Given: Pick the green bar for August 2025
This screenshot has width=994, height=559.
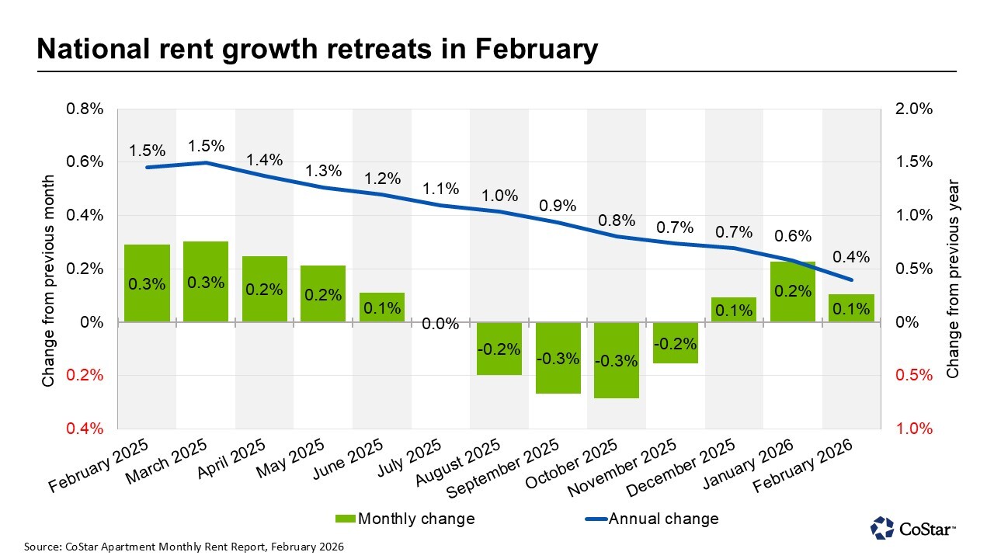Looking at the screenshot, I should (x=499, y=349).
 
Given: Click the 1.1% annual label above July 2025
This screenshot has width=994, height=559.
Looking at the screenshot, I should (x=440, y=189).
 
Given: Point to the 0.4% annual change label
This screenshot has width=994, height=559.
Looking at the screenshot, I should (x=851, y=257).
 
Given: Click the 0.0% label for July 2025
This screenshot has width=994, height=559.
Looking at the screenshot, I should (x=440, y=324).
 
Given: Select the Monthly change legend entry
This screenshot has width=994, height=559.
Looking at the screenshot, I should (x=405, y=518).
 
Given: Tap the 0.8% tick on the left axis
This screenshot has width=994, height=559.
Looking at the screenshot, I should (x=84, y=109).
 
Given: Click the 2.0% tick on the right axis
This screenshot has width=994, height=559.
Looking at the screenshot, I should (x=914, y=109).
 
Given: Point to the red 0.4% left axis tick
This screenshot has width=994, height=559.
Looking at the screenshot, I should (x=84, y=429).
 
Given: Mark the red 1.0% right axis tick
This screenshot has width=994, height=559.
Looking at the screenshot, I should (x=914, y=429).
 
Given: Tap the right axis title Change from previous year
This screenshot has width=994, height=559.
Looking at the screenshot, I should (x=953, y=279).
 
